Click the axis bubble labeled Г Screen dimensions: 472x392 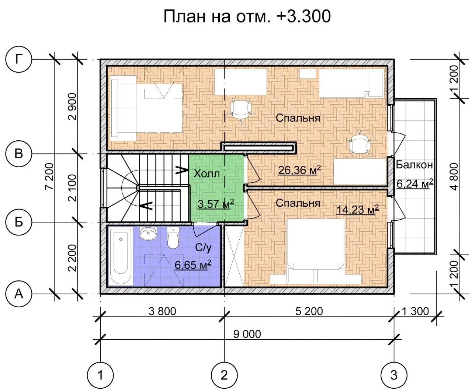19,59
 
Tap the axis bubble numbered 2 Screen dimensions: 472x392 224,375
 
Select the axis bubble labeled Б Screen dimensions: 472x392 19,222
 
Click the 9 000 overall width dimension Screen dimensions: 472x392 247,334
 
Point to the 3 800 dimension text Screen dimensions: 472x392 162,311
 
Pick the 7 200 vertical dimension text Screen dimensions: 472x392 50,176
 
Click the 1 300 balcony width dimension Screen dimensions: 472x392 416,311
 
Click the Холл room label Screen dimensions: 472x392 207,174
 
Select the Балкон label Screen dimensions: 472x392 414,165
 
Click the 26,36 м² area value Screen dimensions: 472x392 299,170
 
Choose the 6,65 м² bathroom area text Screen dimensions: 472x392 193,265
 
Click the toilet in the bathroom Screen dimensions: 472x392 173,238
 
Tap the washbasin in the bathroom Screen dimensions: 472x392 148,233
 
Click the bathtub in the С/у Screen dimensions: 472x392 121,256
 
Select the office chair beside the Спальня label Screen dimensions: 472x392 241,109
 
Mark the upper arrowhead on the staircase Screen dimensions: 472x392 182,170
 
